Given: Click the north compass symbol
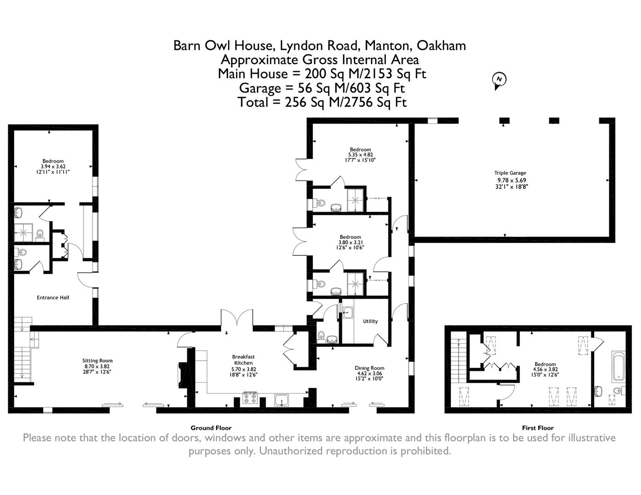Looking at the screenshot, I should [499, 80].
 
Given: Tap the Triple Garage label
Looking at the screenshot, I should [510, 173].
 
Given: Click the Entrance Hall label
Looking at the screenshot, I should [53, 297].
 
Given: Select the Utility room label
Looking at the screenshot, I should [370, 321].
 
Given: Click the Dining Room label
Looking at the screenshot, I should [369, 368].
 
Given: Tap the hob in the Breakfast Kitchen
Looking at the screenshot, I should [250, 398].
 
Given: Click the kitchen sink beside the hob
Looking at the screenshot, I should [281, 400].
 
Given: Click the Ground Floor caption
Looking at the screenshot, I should [211, 428].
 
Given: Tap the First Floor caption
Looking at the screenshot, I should [538, 428].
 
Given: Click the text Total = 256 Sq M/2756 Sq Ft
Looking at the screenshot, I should [322, 102].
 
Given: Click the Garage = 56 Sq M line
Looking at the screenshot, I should [322, 88].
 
